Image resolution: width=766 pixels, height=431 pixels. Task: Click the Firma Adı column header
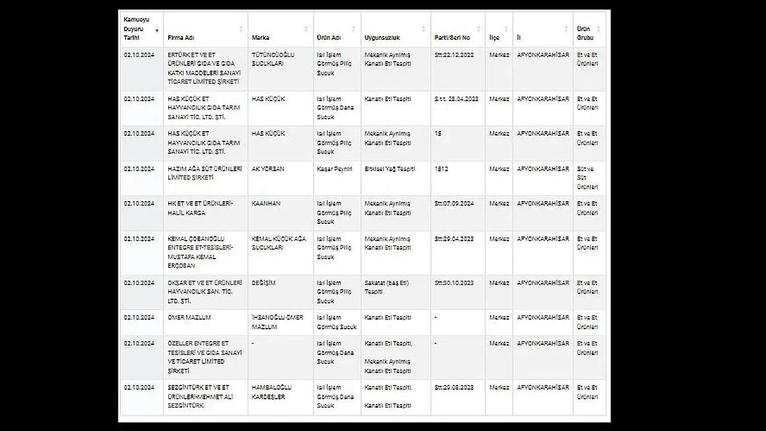(181, 38)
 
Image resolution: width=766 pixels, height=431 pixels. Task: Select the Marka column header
(261, 38)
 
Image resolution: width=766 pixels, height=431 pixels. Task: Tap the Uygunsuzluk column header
(378, 38)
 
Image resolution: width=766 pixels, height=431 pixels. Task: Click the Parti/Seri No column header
(452, 38)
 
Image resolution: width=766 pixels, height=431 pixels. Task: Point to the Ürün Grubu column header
(584, 33)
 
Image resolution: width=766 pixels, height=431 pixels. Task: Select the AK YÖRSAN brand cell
(268, 169)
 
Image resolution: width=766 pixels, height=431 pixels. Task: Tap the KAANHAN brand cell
(266, 204)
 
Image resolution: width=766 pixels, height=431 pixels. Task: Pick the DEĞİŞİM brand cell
(263, 283)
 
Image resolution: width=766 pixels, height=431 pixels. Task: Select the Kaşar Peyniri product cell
(334, 169)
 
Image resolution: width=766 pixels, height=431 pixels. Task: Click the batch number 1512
(441, 169)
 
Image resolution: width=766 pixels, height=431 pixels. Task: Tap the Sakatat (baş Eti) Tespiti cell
(387, 287)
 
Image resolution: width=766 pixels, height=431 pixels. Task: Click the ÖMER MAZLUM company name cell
(189, 318)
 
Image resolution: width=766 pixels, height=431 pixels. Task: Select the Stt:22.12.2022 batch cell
(454, 55)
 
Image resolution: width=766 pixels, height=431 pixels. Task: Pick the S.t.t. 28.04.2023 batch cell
(457, 99)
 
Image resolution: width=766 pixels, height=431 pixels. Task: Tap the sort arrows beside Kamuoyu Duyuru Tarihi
(157, 29)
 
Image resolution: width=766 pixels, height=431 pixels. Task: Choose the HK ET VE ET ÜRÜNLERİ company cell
(200, 208)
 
